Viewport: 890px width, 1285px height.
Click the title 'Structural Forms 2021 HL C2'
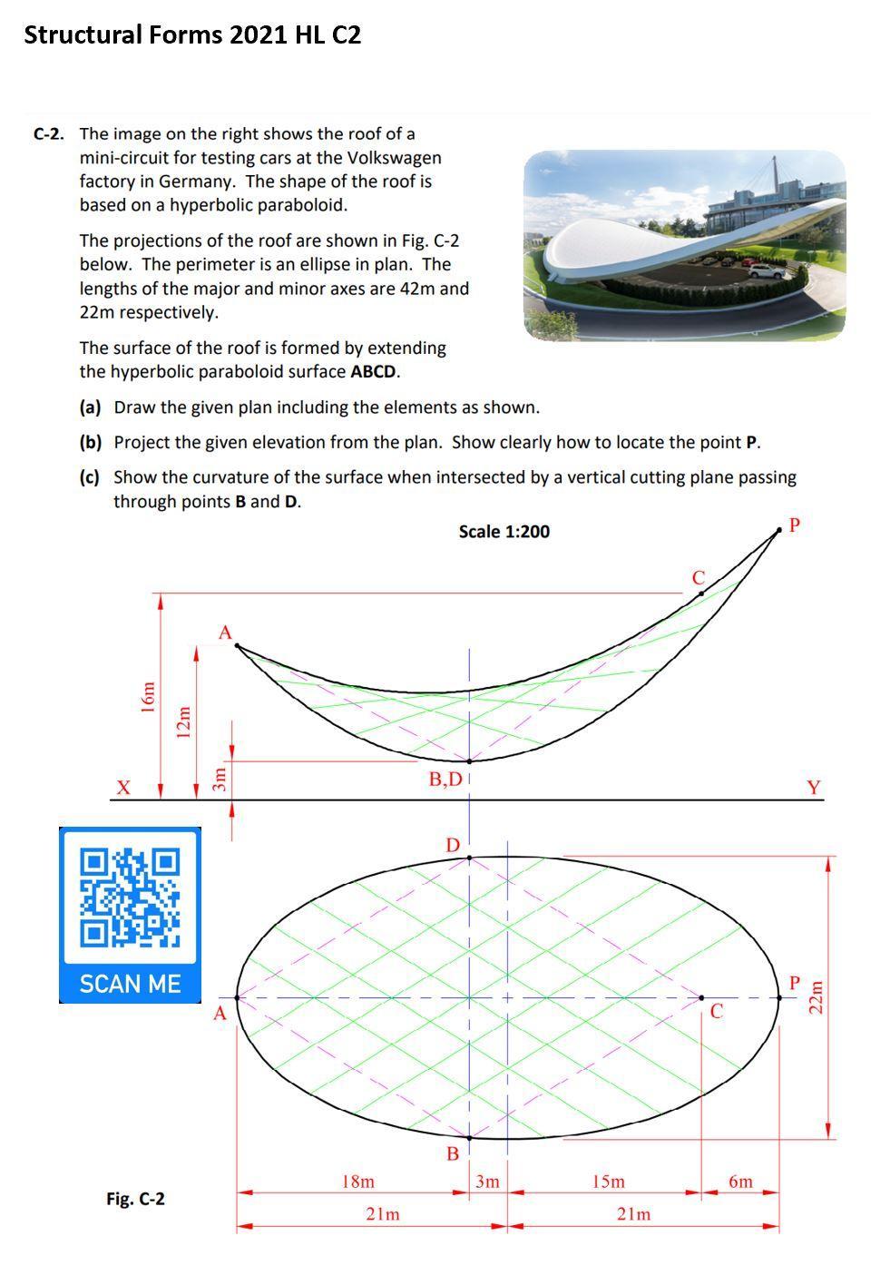[192, 35]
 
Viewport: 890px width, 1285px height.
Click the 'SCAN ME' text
[130, 984]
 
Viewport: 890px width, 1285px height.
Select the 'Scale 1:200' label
[504, 532]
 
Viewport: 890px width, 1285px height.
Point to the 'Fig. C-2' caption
[135, 1199]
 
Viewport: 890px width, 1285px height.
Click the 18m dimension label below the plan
[357, 1182]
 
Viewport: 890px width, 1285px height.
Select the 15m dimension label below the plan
[608, 1182]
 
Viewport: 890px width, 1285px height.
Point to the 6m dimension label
[740, 1182]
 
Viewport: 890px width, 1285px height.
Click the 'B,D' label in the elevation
[445, 780]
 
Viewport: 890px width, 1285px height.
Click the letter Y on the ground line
[814, 787]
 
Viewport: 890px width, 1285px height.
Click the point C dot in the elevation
[701, 593]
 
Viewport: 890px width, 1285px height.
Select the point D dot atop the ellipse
[469, 857]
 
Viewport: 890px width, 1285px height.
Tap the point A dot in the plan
[237, 997]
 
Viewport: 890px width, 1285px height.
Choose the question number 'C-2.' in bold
[49, 134]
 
